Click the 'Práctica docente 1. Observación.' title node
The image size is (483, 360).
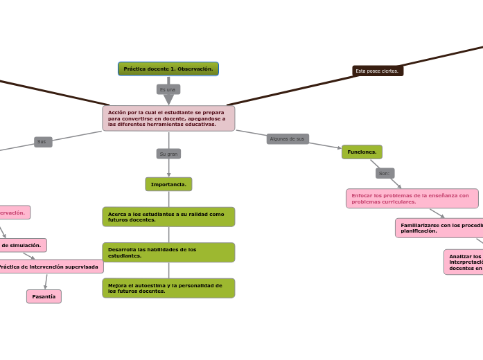click(x=168, y=69)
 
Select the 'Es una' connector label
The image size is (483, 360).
click(x=168, y=89)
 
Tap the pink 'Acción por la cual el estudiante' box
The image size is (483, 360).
click(x=168, y=118)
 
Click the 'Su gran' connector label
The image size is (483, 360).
click(x=168, y=154)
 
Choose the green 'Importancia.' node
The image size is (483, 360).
click(x=168, y=184)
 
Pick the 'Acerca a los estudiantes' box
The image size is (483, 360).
click(x=168, y=217)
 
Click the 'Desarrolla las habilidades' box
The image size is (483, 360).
click(x=168, y=253)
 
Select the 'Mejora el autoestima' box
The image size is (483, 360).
click(x=168, y=288)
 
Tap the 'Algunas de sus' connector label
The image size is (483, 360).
click(x=288, y=139)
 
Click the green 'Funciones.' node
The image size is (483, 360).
click(x=362, y=152)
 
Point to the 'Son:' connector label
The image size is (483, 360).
click(x=385, y=173)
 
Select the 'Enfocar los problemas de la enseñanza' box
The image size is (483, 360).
click(x=412, y=199)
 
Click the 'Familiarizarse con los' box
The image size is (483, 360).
click(x=439, y=228)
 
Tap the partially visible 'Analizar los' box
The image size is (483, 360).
click(x=464, y=262)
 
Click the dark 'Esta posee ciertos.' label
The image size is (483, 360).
click(x=378, y=71)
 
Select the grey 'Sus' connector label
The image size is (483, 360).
click(x=43, y=142)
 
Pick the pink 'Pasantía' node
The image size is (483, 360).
click(x=44, y=296)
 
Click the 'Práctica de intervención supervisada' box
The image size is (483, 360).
click(x=50, y=267)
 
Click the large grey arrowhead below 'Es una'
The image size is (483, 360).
click(x=168, y=100)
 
